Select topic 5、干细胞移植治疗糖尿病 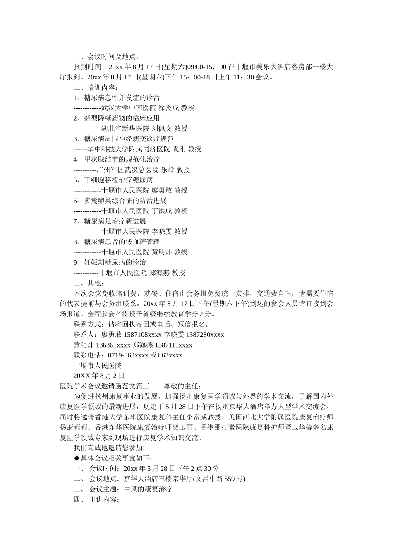point(113,180)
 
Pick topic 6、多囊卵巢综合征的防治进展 point(120,201)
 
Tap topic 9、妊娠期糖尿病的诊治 point(110,262)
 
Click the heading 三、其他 point(89,283)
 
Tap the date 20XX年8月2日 point(99,376)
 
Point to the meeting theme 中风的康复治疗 point(148,489)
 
